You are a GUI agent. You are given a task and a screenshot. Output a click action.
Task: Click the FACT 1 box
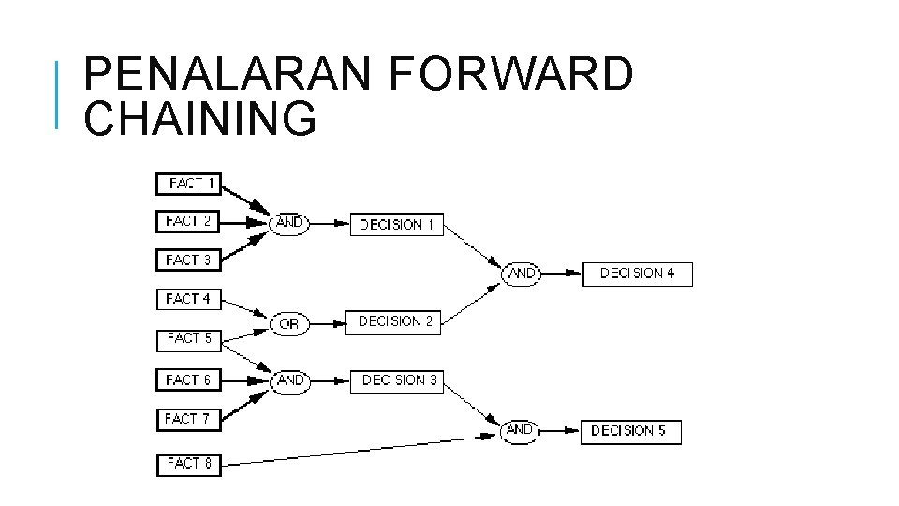[188, 184]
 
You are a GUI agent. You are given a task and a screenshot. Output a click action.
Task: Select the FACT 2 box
[188, 222]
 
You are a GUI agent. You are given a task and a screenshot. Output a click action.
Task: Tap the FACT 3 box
[188, 260]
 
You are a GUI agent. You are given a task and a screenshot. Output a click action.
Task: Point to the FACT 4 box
[188, 299]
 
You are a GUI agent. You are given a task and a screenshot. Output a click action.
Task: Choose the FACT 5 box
[188, 338]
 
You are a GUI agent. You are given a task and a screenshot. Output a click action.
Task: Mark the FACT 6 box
[188, 379]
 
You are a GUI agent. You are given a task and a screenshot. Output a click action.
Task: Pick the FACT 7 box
[188, 419]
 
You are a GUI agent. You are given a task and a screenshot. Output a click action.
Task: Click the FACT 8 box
[188, 464]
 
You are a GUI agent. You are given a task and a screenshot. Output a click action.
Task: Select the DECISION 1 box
[396, 225]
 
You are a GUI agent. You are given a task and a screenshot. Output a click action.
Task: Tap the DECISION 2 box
[393, 321]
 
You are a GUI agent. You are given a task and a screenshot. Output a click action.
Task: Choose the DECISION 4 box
[637, 274]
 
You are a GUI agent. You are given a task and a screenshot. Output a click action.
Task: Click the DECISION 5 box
[629, 432]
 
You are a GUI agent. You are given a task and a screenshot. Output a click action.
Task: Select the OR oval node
[289, 323]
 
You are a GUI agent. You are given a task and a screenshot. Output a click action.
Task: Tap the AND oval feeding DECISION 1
[289, 223]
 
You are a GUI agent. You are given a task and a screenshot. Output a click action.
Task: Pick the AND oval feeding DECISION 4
[522, 274]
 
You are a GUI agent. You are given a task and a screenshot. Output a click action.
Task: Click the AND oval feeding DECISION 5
[520, 431]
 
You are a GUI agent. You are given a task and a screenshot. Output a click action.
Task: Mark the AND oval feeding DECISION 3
[290, 380]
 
